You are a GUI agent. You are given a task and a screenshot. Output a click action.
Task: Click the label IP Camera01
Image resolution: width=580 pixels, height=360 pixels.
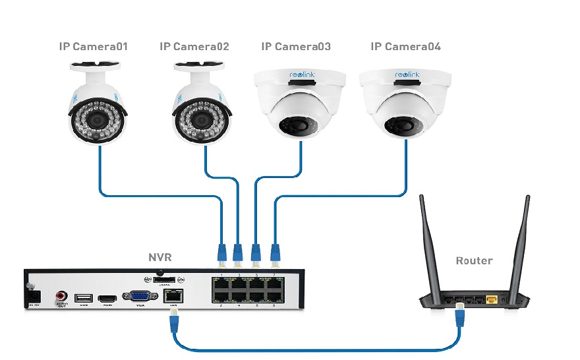click(x=93, y=47)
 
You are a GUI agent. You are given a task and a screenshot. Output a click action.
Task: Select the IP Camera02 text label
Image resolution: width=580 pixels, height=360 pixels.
click(x=194, y=47)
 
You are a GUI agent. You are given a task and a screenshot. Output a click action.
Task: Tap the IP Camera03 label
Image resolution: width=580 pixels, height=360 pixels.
click(x=296, y=47)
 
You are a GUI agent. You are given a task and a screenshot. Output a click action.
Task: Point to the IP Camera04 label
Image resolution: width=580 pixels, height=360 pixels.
click(x=406, y=47)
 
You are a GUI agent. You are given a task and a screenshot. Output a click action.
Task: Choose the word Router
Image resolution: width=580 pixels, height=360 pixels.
click(x=475, y=260)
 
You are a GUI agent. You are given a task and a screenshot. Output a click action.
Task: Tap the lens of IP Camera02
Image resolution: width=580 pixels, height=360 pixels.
click(x=200, y=119)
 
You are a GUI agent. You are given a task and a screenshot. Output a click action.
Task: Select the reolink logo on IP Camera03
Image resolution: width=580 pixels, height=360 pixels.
click(x=303, y=76)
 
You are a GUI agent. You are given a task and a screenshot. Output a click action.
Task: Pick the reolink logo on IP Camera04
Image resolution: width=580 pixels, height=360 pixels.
click(x=407, y=76)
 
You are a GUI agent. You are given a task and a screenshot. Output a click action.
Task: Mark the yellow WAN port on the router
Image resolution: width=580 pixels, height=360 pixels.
click(x=492, y=299)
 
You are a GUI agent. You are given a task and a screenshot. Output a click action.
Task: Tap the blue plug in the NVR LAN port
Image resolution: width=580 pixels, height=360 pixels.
click(x=173, y=322)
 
